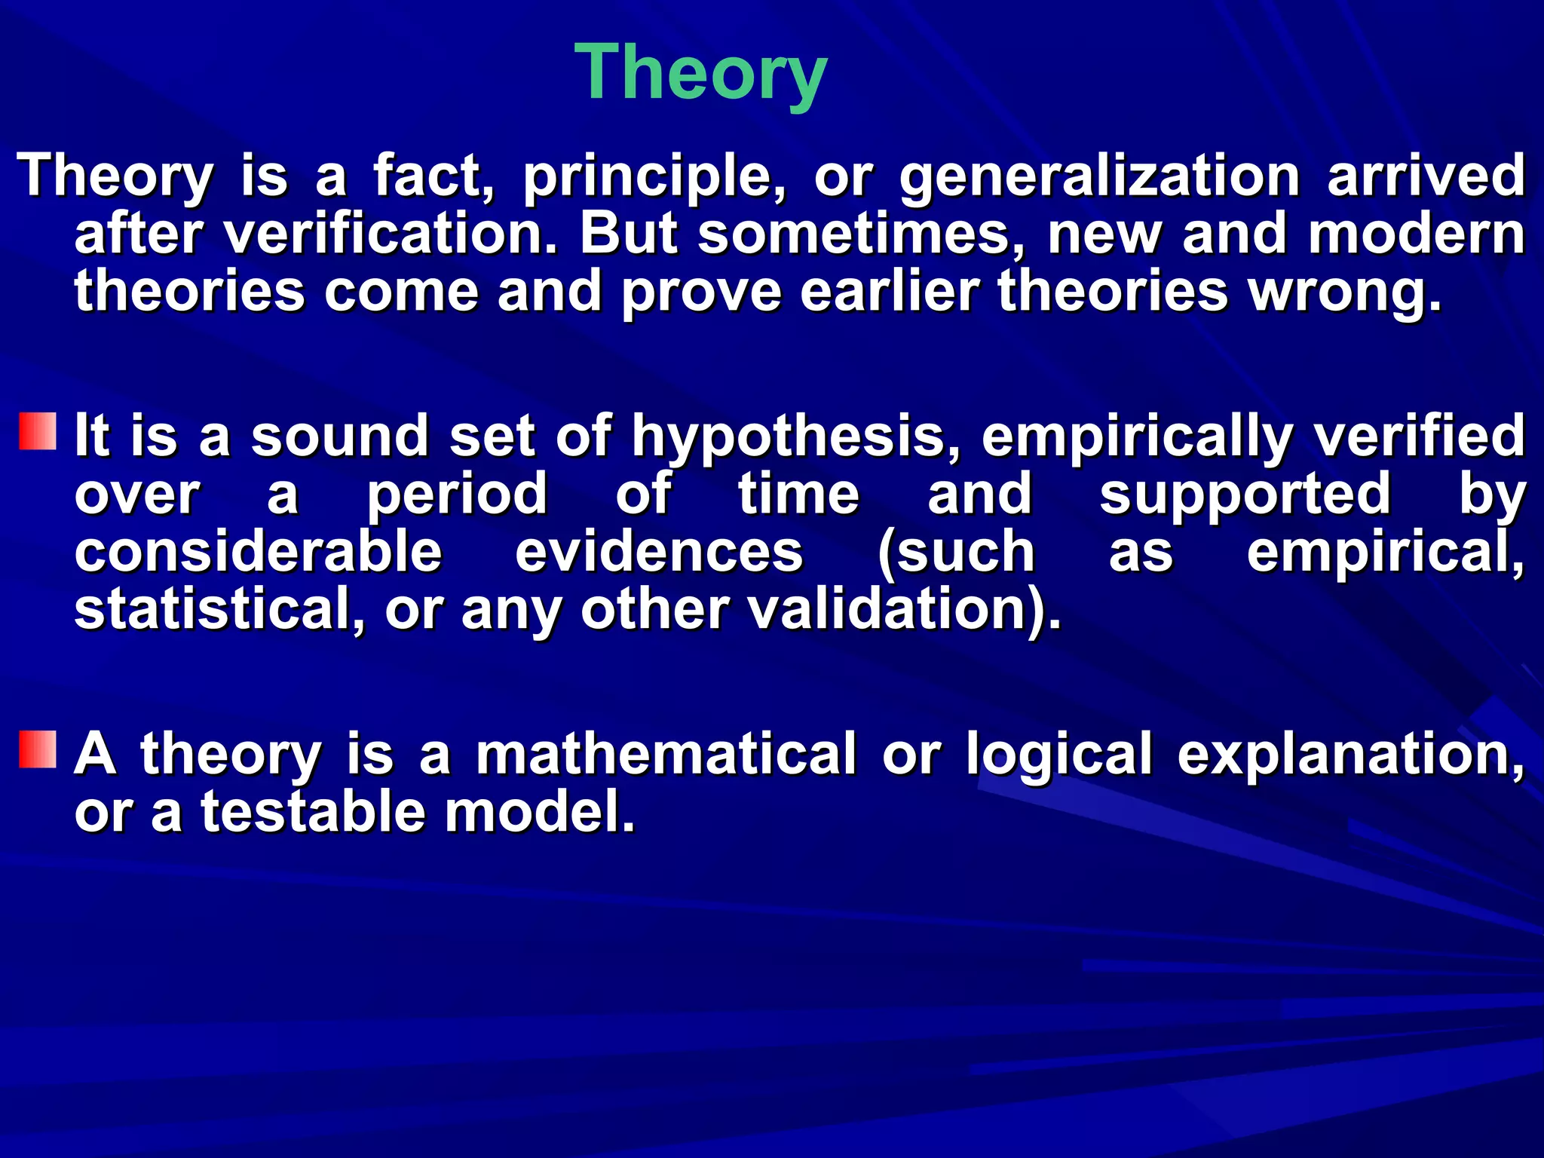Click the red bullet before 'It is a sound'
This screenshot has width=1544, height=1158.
[x=38, y=431]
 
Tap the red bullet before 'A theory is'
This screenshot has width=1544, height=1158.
[x=38, y=749]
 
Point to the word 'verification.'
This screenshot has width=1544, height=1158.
[x=392, y=234]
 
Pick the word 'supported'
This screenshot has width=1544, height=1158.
[x=1245, y=495]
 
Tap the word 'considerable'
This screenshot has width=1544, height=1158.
[x=258, y=552]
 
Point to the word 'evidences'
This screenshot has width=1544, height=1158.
[x=659, y=552]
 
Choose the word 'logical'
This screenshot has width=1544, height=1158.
[x=1059, y=754]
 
